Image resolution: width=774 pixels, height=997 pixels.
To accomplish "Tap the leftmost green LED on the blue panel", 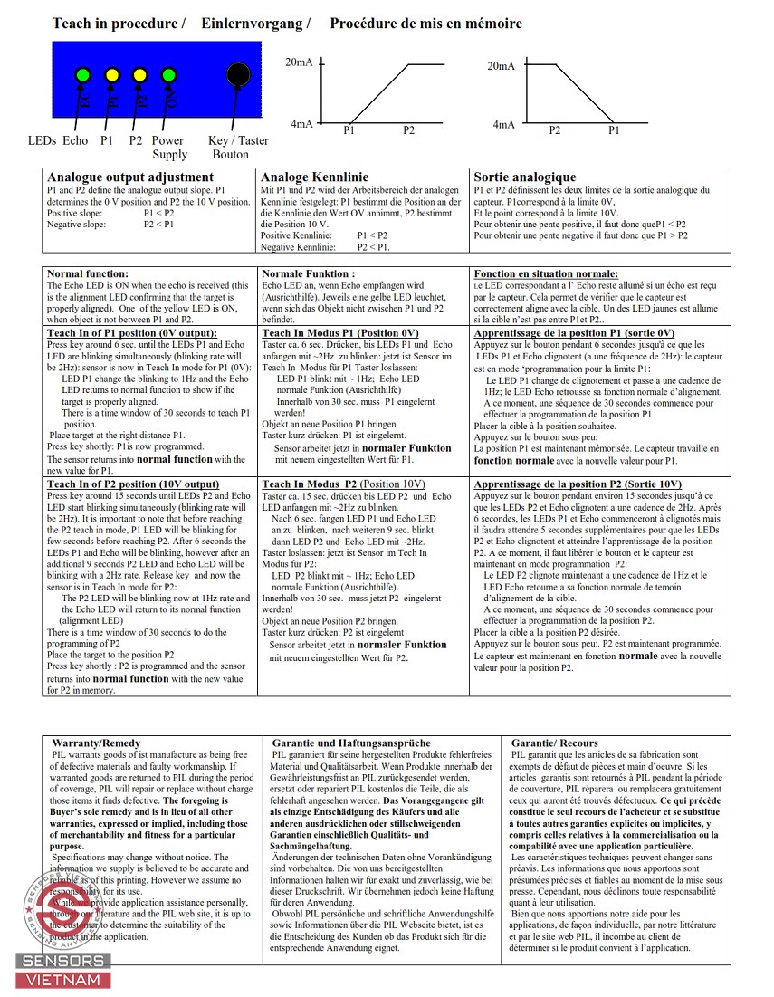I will (x=82, y=74).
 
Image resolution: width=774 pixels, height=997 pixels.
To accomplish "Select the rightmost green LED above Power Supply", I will (x=168, y=74).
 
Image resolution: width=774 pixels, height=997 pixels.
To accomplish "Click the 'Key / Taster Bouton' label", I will (x=237, y=148).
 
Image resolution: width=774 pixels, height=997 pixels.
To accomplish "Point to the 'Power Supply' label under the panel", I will (x=169, y=148).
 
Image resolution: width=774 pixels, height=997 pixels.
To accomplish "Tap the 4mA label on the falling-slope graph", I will (x=504, y=125).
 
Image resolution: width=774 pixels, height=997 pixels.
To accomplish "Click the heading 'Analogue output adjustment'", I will (x=130, y=177).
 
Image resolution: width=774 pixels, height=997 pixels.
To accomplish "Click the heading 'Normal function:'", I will (x=88, y=273).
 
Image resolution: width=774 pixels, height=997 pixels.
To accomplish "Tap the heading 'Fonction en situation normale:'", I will (x=547, y=273).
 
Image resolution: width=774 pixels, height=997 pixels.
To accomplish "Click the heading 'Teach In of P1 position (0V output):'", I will (x=132, y=333).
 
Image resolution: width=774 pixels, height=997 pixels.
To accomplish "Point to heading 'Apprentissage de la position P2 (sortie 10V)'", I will (x=578, y=484).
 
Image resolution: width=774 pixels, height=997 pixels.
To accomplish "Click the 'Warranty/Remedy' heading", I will (x=96, y=743).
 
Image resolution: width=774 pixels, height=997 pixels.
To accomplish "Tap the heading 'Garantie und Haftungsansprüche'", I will (x=351, y=743).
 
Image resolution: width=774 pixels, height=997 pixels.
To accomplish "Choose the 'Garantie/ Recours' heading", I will (x=555, y=743).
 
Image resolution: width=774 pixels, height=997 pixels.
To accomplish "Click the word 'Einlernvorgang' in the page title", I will (x=257, y=24).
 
